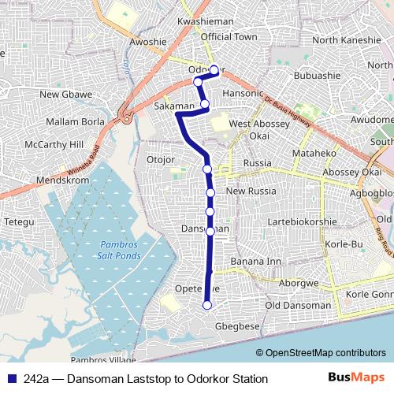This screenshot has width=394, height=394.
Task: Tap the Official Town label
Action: (229, 37)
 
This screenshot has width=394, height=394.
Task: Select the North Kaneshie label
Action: (346, 40)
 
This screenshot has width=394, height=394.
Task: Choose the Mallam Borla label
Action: (75, 121)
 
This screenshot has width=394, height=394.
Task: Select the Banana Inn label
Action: (255, 261)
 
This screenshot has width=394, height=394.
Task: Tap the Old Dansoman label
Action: (298, 305)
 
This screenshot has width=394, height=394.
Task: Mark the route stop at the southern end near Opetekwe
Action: (207, 305)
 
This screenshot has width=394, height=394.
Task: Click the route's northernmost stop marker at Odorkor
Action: (214, 69)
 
